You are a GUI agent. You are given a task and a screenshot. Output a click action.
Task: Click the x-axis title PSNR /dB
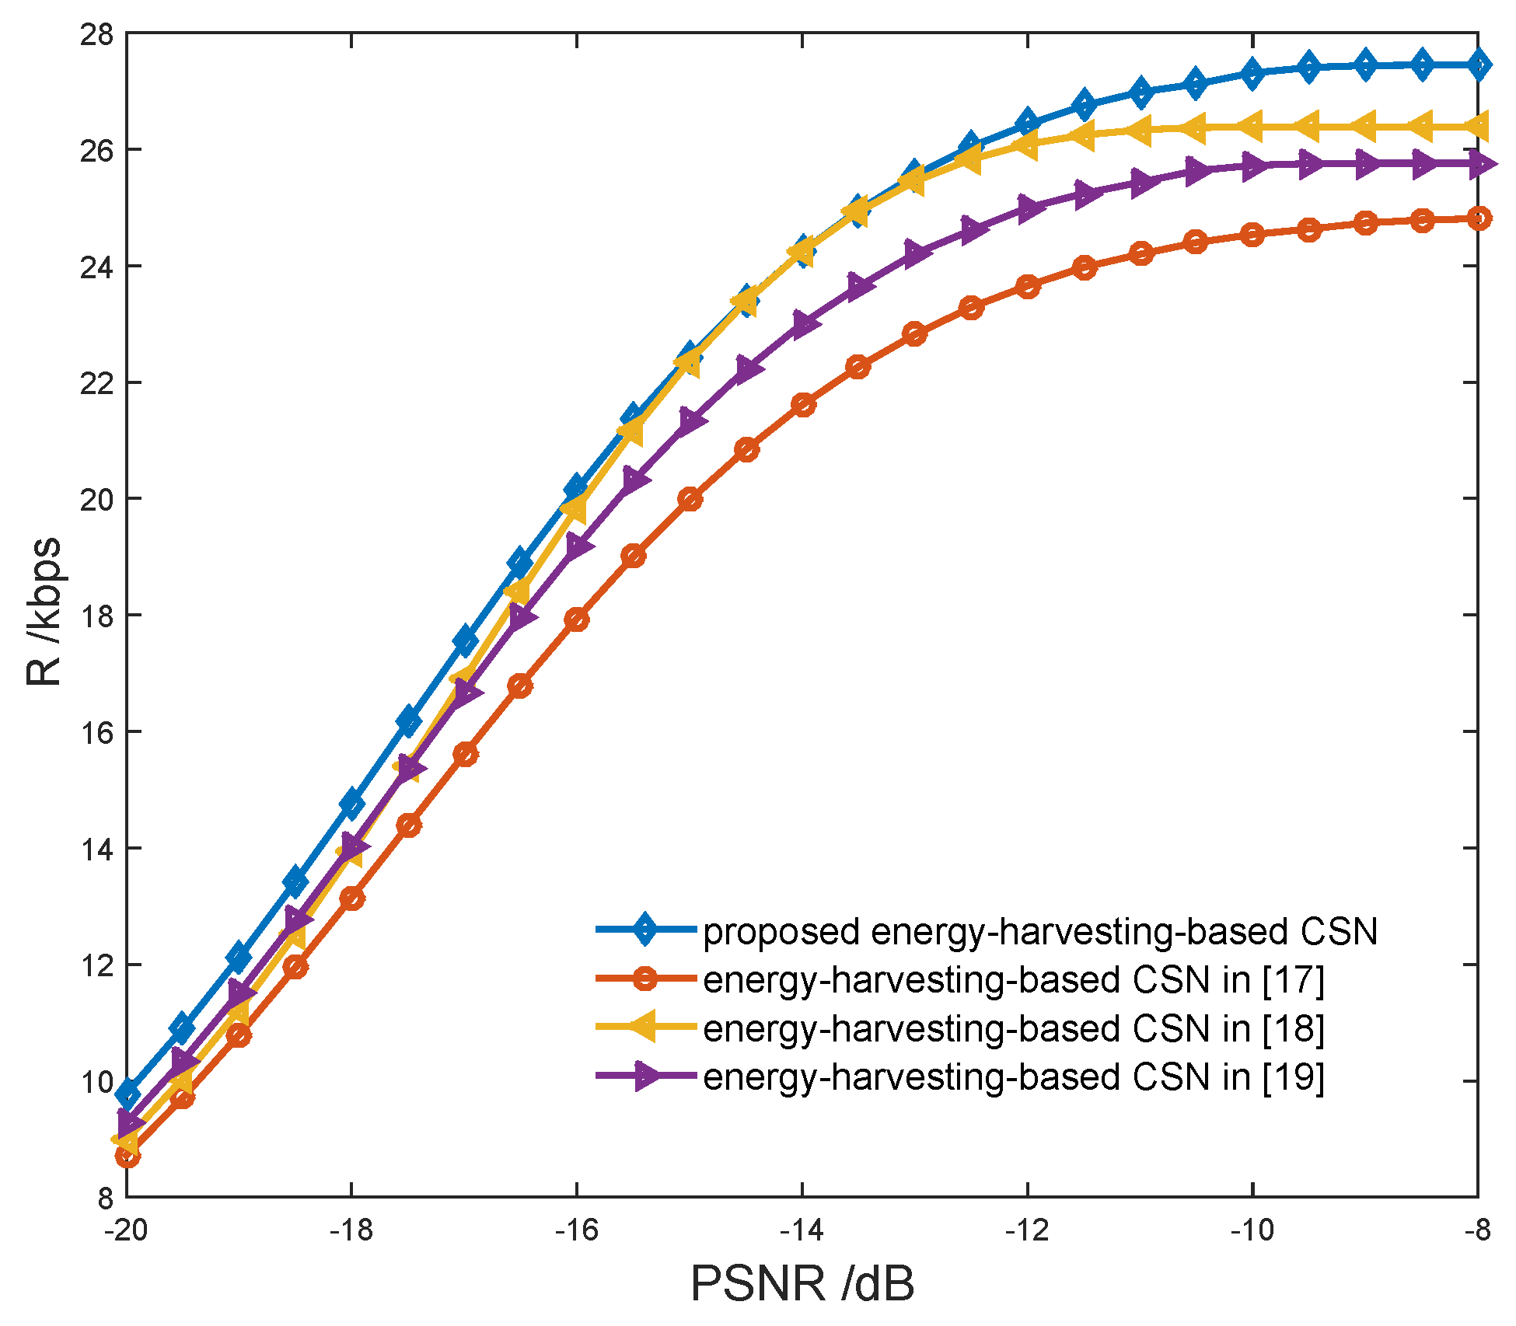pos(802,1284)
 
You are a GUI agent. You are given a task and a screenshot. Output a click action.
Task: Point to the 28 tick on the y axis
pos(96,34)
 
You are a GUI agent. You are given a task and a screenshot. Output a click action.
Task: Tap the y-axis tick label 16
pos(96,732)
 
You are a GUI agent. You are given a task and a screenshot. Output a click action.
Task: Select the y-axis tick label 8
pos(105,1198)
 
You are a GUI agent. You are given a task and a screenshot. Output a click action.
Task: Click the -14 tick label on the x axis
pos(802,1230)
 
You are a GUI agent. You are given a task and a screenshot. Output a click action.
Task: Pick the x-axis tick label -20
pos(127,1230)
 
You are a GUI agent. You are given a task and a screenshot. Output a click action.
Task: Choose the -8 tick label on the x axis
pos(1477,1230)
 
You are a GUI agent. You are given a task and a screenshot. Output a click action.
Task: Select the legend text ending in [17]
pos(1014,980)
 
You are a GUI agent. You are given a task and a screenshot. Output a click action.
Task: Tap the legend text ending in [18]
pos(1014,1029)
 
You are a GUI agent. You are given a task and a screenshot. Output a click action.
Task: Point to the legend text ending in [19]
pos(1014,1077)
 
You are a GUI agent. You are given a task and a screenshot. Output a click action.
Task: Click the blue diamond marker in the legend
pos(645,930)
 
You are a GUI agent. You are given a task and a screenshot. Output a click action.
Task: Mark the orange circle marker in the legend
pos(645,979)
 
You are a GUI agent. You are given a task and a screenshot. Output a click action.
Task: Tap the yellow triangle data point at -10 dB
pos(1252,126)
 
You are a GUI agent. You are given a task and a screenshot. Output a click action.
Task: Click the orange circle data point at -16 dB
pos(577,619)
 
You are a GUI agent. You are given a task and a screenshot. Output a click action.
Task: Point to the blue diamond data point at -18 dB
pos(352,803)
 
